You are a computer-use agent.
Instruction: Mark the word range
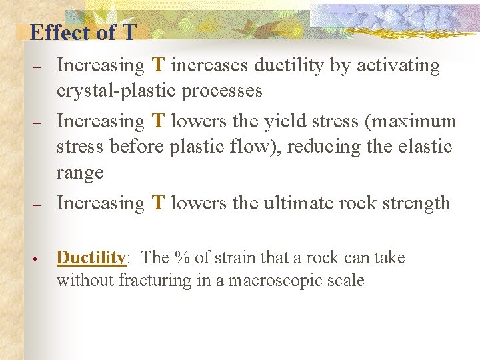(80, 173)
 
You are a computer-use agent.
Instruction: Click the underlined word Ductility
(91, 257)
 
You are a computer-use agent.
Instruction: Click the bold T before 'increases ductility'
(158, 65)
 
